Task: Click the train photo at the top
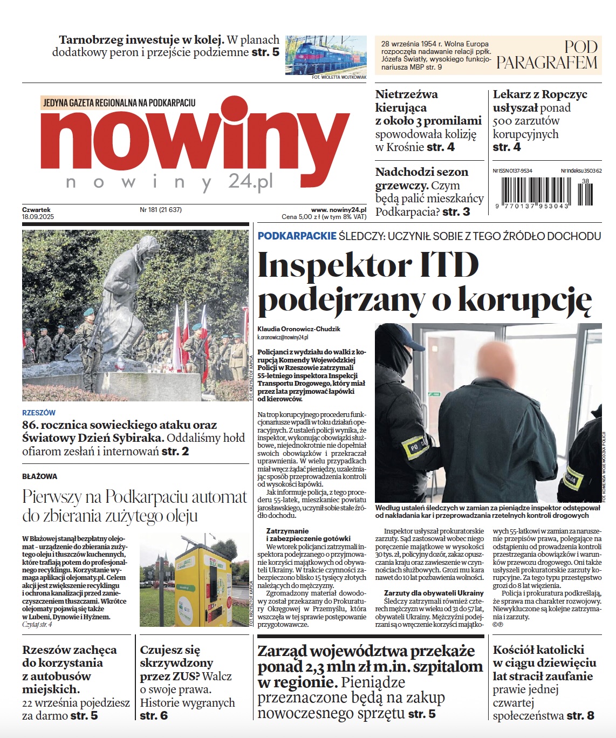coord(325,55)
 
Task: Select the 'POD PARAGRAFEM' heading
coord(546,55)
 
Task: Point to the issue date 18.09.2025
coord(38,217)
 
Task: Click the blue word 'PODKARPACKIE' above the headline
coord(297,236)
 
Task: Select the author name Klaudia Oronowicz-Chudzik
coord(299,329)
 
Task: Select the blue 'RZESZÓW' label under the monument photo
coord(39,413)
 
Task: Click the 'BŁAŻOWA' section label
coord(39,476)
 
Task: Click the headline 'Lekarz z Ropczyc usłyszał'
coord(539,101)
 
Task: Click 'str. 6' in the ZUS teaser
coord(154,716)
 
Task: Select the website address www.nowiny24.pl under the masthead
coord(339,209)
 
